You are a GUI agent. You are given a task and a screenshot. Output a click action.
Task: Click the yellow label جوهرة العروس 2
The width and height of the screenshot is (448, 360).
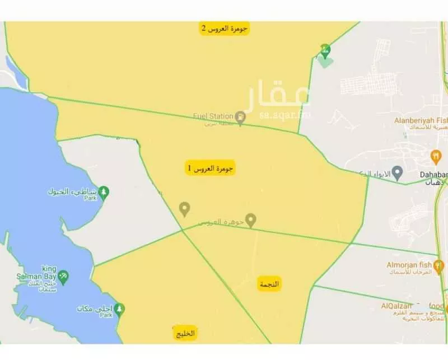(x=225, y=29)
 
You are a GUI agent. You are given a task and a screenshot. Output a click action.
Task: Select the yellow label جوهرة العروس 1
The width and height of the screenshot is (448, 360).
(x=211, y=167)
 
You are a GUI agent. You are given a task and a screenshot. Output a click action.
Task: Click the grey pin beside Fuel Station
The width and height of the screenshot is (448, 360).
(x=240, y=118)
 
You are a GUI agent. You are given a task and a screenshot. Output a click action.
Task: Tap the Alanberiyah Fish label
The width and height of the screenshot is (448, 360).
(x=419, y=119)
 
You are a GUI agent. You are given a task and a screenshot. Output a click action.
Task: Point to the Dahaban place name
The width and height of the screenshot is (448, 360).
(x=433, y=174)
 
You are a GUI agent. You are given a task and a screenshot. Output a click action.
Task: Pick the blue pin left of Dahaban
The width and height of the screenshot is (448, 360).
(x=397, y=172)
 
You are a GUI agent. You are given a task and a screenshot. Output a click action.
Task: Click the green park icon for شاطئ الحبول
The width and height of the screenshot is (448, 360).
(x=104, y=193)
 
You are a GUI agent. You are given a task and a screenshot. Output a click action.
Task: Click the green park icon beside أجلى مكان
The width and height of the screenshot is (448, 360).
(x=119, y=309)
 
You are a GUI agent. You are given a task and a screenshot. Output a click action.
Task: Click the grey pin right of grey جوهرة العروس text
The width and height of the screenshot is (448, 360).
(x=251, y=220)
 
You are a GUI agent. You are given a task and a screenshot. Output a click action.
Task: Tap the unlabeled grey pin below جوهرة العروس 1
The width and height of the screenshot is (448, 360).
(x=184, y=209)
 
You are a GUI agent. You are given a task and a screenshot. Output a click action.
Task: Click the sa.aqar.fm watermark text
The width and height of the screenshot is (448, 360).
(x=285, y=116)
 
